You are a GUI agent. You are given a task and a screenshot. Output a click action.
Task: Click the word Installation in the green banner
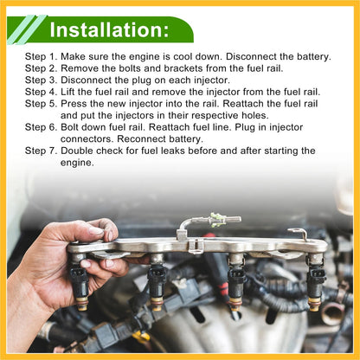(107, 29)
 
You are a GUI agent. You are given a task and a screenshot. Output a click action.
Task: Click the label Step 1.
(42, 57)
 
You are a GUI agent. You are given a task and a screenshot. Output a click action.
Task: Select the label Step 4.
(42, 92)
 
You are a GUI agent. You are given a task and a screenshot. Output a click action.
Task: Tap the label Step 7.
(42, 151)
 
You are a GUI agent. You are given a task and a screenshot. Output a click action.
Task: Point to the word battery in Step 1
(314, 56)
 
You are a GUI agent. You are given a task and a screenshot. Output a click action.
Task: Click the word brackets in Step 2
(183, 68)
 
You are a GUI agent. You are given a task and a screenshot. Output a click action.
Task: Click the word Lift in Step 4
(67, 92)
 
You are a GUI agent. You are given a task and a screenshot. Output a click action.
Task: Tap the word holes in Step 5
(255, 115)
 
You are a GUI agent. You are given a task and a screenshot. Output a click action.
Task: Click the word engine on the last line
(77, 163)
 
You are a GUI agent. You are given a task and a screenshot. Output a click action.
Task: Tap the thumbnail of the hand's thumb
(96, 230)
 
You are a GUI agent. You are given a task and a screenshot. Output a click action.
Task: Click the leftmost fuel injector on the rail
(80, 282)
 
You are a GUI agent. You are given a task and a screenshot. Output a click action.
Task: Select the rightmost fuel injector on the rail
(316, 282)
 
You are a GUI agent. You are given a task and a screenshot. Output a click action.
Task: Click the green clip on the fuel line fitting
(216, 220)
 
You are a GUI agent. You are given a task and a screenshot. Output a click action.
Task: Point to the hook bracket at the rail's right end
(299, 233)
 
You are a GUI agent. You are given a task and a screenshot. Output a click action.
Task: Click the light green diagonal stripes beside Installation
(27, 29)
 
